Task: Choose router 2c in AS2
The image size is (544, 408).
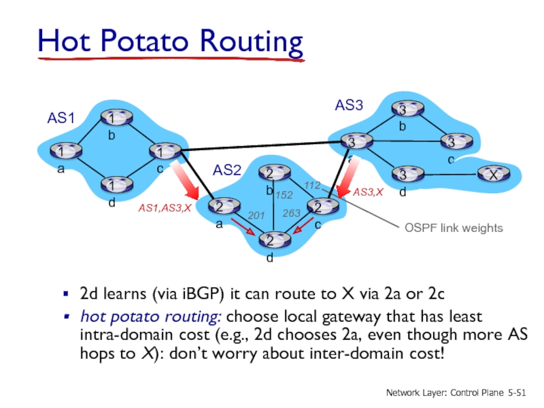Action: click(318, 207)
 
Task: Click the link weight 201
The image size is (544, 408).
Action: click(256, 215)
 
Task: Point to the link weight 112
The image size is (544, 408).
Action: click(312, 185)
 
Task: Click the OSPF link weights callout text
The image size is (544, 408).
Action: click(451, 228)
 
